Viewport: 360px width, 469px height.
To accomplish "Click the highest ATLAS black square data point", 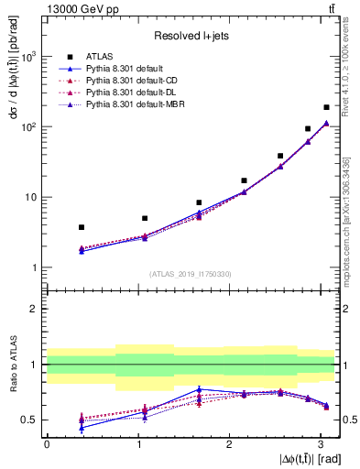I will click(x=326, y=107).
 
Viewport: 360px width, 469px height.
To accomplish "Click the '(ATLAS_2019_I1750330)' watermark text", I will click(x=190, y=274).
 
